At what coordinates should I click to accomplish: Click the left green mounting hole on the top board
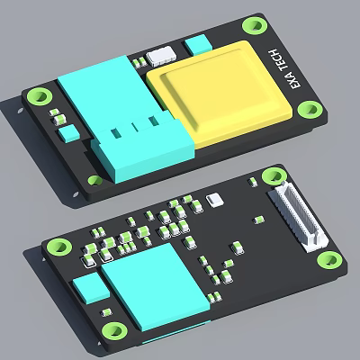38,94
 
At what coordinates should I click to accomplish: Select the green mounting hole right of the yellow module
311,109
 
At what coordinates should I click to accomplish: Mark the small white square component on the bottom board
213,199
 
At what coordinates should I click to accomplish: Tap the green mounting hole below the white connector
330,261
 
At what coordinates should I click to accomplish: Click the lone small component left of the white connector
259,219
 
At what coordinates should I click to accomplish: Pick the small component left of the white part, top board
140,61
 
